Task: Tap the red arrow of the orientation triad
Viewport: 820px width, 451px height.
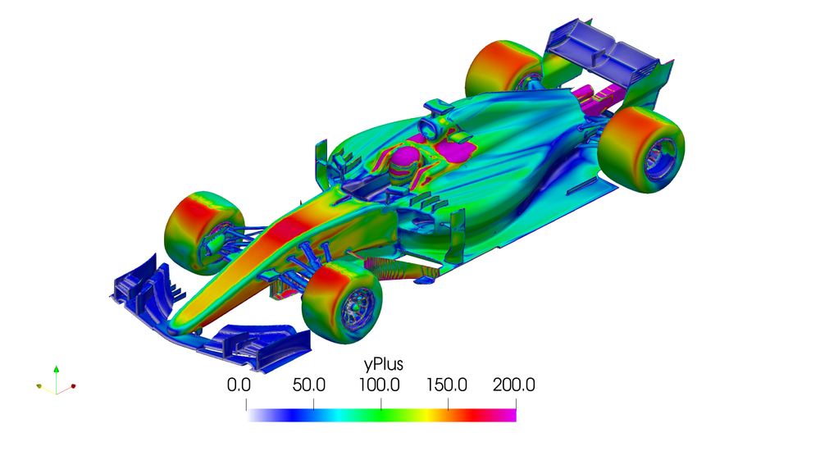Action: (x=73, y=385)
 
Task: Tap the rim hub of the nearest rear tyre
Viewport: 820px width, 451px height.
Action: (x=661, y=155)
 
